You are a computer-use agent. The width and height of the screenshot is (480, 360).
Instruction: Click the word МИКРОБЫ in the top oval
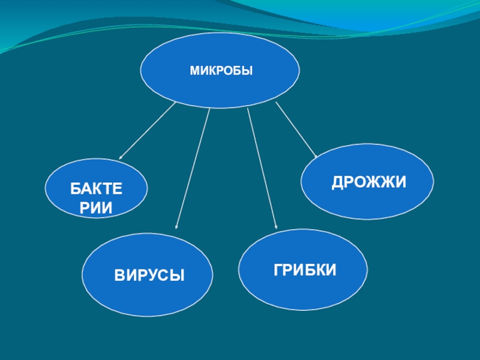[x=221, y=71]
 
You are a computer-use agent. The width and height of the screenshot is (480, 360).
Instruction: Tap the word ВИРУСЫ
[x=149, y=275]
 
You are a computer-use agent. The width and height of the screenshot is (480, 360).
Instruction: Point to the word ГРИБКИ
[x=305, y=269]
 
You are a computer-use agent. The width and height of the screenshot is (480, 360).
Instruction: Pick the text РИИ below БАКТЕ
[x=96, y=208]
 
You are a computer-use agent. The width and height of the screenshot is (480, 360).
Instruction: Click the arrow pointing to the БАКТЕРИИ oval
[x=146, y=131]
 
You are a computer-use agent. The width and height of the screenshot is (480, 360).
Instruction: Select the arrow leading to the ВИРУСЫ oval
[x=193, y=168]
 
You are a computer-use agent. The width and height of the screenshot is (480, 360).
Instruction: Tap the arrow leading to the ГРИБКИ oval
[x=262, y=168]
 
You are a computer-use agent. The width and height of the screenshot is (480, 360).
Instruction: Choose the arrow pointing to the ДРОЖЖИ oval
[x=296, y=130]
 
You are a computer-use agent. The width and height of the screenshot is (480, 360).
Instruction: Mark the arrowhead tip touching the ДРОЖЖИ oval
[x=317, y=158]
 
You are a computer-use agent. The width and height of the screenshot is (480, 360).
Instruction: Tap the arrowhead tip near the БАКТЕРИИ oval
[x=119, y=160]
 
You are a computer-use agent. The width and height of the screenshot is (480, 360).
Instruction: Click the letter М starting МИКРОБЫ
[x=194, y=71]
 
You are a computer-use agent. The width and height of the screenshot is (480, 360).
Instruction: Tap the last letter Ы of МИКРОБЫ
[x=248, y=71]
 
